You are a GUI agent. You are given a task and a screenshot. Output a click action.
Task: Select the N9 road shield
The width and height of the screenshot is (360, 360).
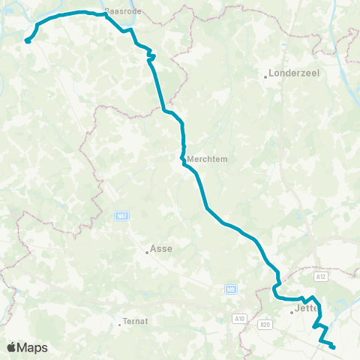(230, 289)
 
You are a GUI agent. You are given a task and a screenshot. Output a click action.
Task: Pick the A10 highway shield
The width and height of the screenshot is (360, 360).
(239, 319)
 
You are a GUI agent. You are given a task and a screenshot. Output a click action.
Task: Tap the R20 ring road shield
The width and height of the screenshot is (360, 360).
(264, 325)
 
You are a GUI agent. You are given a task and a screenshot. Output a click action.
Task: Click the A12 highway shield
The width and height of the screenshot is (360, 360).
(322, 277)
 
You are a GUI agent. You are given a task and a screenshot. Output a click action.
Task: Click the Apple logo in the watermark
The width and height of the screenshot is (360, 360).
(12, 347)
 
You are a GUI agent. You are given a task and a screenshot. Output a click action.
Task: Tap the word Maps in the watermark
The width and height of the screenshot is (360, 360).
(33, 347)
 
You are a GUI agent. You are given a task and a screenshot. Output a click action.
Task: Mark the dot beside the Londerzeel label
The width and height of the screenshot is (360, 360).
(266, 76)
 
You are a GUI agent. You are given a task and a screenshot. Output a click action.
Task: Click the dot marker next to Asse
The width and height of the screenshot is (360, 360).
(148, 253)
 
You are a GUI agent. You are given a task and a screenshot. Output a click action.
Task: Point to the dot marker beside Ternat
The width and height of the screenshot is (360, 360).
(120, 324)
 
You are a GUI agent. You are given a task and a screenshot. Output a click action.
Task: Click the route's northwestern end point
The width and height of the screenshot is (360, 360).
(27, 41)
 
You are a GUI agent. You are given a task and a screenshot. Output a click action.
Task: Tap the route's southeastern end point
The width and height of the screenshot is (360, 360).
(332, 346)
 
